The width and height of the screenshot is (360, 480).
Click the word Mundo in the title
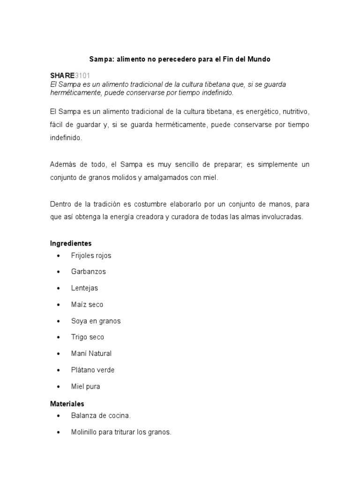click(x=258, y=60)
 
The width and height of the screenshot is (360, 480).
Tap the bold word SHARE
click(x=62, y=76)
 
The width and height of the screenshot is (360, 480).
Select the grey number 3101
click(x=82, y=76)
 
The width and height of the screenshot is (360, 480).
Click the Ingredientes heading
click(x=71, y=243)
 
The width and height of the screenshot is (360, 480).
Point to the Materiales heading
click(x=67, y=404)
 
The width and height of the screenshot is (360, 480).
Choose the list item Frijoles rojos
click(x=91, y=255)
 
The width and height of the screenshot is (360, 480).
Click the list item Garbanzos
click(x=89, y=272)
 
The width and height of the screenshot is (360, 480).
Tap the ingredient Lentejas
click(x=84, y=288)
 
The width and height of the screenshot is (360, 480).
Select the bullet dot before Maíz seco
click(x=58, y=305)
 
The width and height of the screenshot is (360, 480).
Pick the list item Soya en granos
click(x=96, y=321)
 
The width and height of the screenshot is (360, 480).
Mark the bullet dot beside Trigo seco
click(x=58, y=337)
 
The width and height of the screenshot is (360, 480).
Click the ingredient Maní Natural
click(x=91, y=353)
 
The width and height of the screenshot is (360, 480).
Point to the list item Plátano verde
click(x=93, y=370)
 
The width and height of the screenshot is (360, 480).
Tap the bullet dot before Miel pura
click(x=58, y=387)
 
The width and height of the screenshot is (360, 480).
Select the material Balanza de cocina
click(x=101, y=416)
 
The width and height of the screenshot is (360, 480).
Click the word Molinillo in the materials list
click(x=85, y=432)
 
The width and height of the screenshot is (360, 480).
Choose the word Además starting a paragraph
click(x=62, y=165)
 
